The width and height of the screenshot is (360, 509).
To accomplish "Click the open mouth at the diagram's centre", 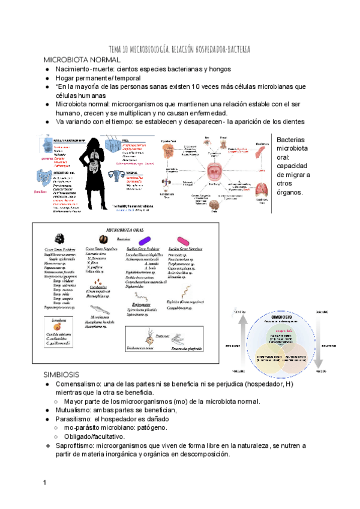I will (x=215, y=172).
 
